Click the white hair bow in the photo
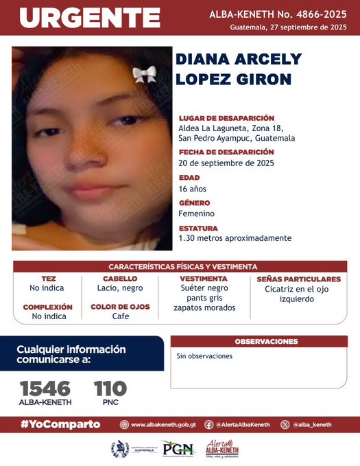[x=144, y=74]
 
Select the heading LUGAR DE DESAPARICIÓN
[x=226, y=118]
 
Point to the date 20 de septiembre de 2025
[x=226, y=163]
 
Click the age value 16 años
[x=192, y=189]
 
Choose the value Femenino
[x=197, y=213]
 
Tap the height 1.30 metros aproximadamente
[x=235, y=238]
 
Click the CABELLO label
[x=120, y=279]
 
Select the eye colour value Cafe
[x=121, y=316]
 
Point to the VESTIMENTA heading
[x=204, y=279]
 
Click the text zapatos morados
[x=204, y=307]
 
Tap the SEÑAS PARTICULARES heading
[x=298, y=279]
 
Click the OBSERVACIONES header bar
[x=266, y=341]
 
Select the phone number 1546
[x=45, y=388]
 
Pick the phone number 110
[x=110, y=388]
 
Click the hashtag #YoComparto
[x=60, y=424]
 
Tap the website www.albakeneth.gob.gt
[x=162, y=425]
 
